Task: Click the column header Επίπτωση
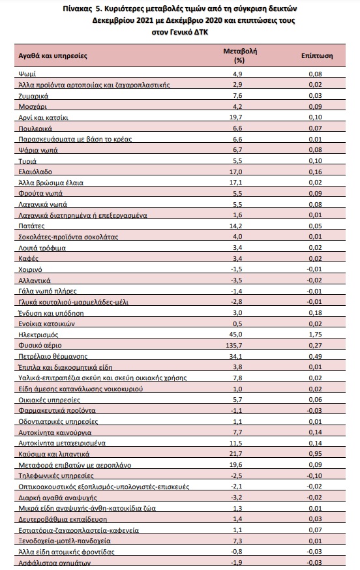(x=317, y=55)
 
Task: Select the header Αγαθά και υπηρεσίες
(x=53, y=56)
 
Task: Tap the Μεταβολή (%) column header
(x=240, y=55)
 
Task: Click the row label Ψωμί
(x=27, y=74)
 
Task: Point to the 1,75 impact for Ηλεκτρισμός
(x=315, y=335)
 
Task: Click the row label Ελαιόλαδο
(x=35, y=172)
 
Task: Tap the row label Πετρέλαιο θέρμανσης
(x=53, y=356)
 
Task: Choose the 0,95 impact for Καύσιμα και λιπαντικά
(x=315, y=454)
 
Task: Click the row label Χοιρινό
(x=30, y=269)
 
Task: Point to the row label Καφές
(x=28, y=258)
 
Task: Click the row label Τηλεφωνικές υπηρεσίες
(x=56, y=475)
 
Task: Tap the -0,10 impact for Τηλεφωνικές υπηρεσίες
(x=314, y=476)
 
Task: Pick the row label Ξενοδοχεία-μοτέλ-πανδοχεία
(x=65, y=541)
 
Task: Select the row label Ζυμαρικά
(x=33, y=96)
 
